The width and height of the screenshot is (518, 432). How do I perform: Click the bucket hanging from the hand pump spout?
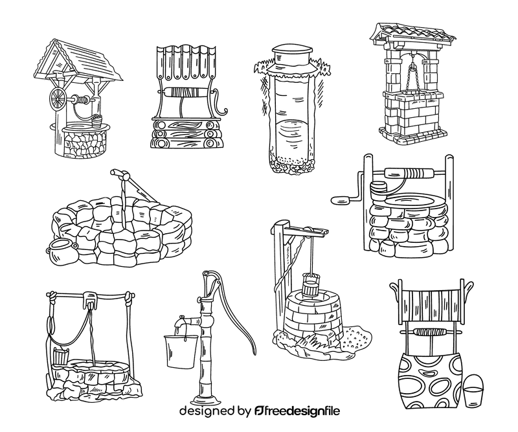coord(180,350)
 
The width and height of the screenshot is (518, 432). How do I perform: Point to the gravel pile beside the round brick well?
coord(356,335)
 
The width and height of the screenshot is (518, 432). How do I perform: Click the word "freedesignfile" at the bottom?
coord(304,411)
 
